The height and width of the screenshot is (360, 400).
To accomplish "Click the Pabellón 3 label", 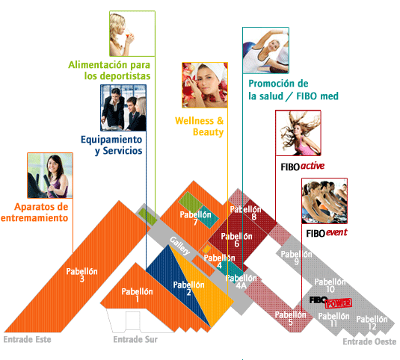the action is pyautogui.click(x=82, y=275).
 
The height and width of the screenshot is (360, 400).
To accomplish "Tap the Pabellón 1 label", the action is pyautogui.click(x=137, y=295).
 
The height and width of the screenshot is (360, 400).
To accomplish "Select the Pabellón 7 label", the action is pyautogui.click(x=195, y=218).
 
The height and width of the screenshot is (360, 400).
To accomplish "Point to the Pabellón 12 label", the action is pyautogui.click(x=372, y=323).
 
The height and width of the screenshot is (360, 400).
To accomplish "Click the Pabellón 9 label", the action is pyautogui.click(x=296, y=258).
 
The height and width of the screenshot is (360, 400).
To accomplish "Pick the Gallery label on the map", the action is pyautogui.click(x=180, y=246).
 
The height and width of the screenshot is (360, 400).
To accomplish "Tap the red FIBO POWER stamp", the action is pyautogui.click(x=339, y=303).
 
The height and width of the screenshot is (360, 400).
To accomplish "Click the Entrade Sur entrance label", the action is pyautogui.click(x=135, y=339).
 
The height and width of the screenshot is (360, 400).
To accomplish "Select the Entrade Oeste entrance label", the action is pyautogui.click(x=369, y=341).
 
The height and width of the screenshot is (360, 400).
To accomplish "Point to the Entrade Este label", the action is pyautogui.click(x=28, y=339).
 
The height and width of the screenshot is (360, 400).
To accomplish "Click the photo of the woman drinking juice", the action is pyautogui.click(x=132, y=34).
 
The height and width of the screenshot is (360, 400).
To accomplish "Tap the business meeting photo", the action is pyautogui.click(x=123, y=108).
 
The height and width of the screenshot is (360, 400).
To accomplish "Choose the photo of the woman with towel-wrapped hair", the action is pyautogui.click(x=205, y=85).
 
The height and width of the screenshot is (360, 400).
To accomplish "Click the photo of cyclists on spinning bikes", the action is pyautogui.click(x=324, y=201).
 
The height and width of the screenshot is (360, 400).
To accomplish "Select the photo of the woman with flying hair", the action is pyautogui.click(x=298, y=133).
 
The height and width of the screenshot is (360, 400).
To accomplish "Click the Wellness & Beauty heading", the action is pyautogui.click(x=199, y=126).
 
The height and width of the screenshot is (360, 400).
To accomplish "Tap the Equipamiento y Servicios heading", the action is pyautogui.click(x=111, y=145).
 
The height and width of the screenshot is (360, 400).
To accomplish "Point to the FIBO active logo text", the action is pyautogui.click(x=303, y=167).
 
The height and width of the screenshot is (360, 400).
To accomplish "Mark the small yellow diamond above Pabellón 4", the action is pyautogui.click(x=206, y=249).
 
